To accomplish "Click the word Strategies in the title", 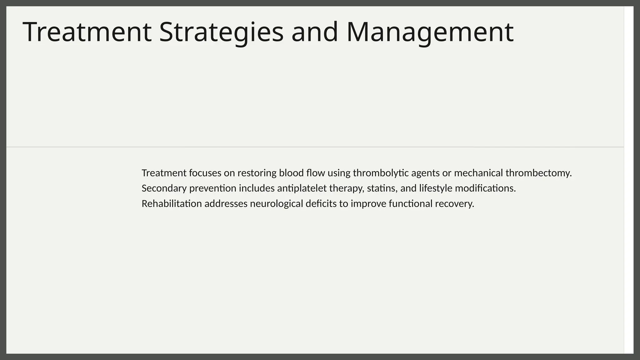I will [221, 32].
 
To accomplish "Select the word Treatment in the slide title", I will [87, 32].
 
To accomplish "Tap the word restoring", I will [257, 173].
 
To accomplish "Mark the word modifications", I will [485, 188].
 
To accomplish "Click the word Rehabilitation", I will [172, 204].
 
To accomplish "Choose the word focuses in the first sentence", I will [205, 173].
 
